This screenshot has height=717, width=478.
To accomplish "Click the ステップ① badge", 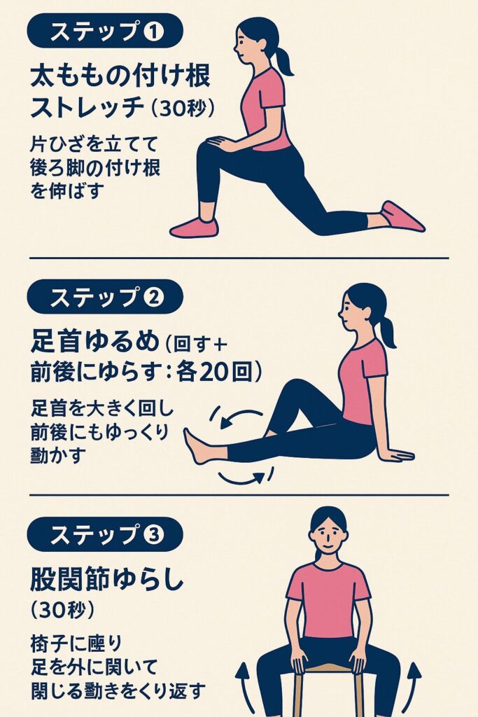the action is click(x=105, y=31).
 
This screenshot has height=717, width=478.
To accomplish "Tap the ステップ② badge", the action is click(x=105, y=297).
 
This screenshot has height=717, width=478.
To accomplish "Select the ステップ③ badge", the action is click(x=105, y=534).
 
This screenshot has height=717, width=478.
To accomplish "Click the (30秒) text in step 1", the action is click(x=182, y=108).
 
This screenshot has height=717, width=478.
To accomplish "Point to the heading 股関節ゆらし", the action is click(x=107, y=579).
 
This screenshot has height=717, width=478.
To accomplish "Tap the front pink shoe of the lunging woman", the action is click(x=194, y=228).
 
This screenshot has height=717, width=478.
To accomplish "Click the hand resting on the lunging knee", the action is click(x=220, y=144).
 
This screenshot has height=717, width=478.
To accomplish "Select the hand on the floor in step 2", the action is click(x=398, y=455).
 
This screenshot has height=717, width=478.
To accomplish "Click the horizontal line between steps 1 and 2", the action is click(x=239, y=258).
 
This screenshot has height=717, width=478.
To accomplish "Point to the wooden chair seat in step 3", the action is click(x=329, y=668).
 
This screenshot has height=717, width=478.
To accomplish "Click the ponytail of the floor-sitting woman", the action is click(x=388, y=332).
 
